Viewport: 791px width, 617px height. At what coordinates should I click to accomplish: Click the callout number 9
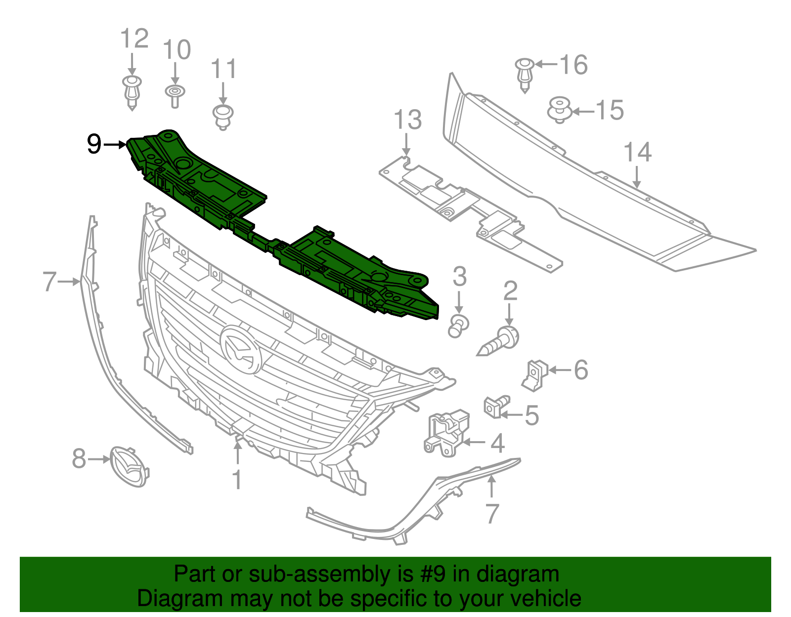pos(93,144)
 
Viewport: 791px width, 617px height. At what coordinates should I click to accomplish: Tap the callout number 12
pos(134,39)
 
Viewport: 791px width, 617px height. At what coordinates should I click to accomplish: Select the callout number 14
pos(637,152)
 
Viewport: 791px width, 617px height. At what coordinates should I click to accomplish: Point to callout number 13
pos(407,120)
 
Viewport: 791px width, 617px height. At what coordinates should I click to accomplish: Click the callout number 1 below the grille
pos(237,479)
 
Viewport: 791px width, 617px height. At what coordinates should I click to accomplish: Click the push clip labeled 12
pos(132,92)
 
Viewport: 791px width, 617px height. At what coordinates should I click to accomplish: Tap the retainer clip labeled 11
pos(222,117)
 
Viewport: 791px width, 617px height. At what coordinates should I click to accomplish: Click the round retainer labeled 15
pos(560,109)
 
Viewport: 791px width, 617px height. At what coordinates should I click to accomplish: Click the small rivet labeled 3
pos(458,326)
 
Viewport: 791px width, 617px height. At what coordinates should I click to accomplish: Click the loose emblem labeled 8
pos(128,466)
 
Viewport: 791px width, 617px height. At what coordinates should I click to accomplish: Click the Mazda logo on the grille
pos(241,349)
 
